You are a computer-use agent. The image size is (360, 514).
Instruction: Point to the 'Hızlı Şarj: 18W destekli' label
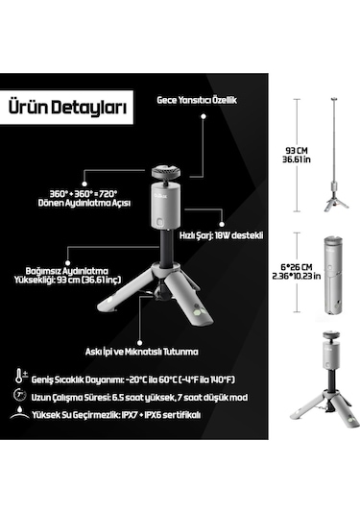tap(224, 233)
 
